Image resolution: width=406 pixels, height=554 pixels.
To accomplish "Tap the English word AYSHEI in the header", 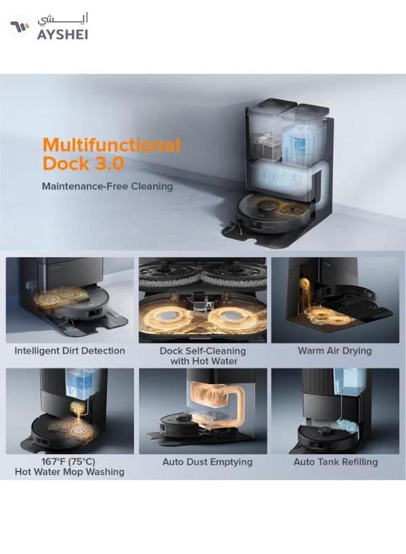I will click(63, 34).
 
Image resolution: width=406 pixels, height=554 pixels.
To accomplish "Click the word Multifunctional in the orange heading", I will click(112, 145).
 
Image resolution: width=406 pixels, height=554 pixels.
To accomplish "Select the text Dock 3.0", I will click(83, 164).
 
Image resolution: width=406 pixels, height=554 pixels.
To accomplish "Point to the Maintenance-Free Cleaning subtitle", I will click(107, 186).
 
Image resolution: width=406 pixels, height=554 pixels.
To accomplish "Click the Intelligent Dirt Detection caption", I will click(70, 351).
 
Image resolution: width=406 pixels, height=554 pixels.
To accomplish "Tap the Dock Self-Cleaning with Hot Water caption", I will click(202, 356).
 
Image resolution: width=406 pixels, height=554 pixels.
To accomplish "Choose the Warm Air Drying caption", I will click(334, 351).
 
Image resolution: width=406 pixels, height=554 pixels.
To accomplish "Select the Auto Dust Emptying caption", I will click(207, 462).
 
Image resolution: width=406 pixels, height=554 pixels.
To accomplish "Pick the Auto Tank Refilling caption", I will click(336, 462).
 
